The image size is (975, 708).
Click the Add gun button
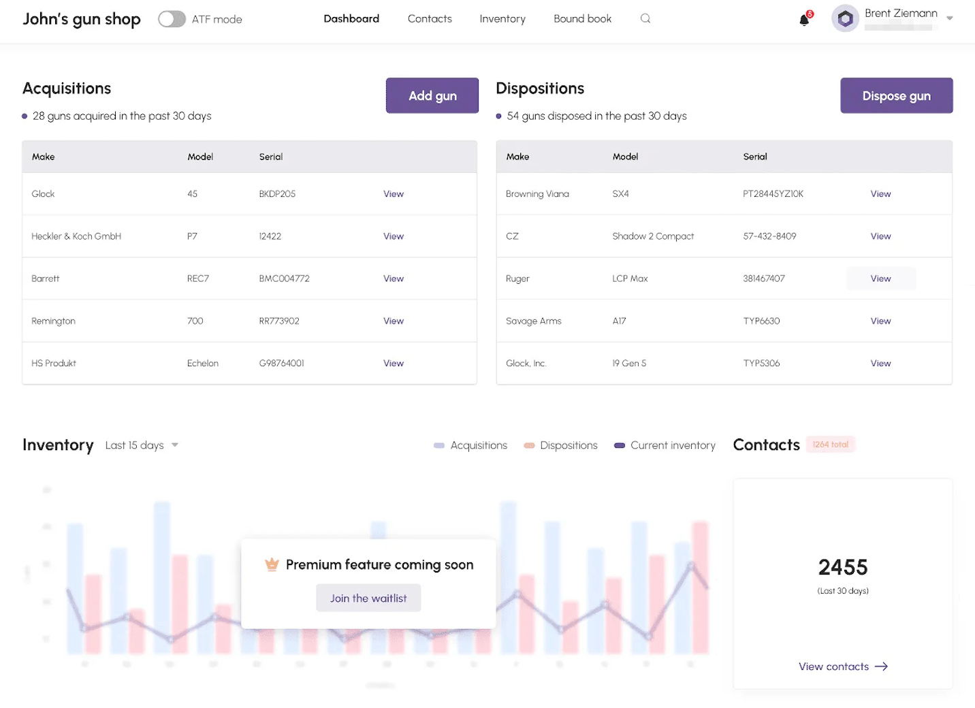point(432,96)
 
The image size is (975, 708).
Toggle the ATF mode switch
point(172,19)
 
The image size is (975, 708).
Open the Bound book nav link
point(582,19)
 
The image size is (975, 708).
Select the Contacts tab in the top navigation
point(430,19)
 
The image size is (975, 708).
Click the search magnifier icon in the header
point(645,19)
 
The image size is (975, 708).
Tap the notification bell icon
point(804,20)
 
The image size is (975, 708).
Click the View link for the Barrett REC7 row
point(393,278)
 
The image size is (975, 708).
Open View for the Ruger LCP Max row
point(880,278)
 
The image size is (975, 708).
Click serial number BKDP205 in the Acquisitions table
point(277,194)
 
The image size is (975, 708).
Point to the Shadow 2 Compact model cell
point(653,236)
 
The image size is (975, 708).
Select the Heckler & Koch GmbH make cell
point(76,236)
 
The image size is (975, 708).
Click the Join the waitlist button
point(368,598)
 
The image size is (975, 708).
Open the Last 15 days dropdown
point(142,445)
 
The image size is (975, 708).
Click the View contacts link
point(843,666)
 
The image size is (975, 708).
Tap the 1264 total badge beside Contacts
point(830,445)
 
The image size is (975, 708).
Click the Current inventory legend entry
point(665,445)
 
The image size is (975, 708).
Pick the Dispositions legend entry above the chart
point(560,445)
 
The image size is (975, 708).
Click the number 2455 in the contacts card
point(843,567)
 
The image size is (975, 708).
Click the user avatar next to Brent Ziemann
point(845,19)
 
